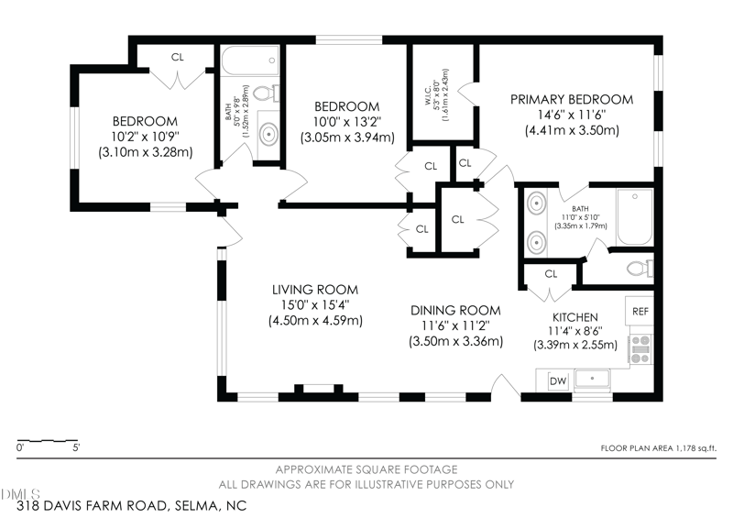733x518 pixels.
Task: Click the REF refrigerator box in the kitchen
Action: [640, 311]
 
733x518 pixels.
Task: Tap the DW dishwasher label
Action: [558, 381]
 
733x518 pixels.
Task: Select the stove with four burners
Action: [640, 349]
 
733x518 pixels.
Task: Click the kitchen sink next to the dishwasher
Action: [592, 379]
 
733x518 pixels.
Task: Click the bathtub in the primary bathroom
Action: [635, 216]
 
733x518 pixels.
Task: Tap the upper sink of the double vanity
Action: [536, 204]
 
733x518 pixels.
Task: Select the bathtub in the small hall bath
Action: [250, 61]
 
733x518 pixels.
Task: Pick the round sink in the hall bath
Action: [269, 134]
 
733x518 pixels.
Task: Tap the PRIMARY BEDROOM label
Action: [572, 99]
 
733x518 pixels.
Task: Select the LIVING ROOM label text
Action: [315, 290]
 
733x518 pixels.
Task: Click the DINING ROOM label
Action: [455, 310]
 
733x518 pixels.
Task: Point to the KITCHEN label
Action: [575, 317]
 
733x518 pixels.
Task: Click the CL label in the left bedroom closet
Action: [177, 57]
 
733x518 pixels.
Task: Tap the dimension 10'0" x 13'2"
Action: [347, 122]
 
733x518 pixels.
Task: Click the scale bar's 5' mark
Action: [76, 447]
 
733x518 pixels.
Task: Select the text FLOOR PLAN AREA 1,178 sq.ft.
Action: [658, 448]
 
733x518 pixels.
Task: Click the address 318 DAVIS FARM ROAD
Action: [93, 506]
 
